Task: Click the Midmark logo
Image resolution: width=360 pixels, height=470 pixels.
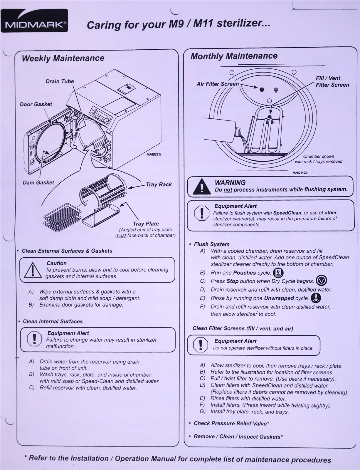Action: click(34, 21)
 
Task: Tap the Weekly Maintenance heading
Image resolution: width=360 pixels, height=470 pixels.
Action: click(63, 58)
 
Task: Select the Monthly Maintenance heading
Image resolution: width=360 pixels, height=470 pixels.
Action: click(234, 56)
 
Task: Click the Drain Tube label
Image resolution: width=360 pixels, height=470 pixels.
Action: click(60, 81)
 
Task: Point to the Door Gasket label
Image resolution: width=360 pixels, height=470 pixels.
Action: click(36, 104)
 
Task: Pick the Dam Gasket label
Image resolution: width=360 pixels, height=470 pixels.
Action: click(38, 182)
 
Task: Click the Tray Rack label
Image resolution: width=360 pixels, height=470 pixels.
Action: click(159, 184)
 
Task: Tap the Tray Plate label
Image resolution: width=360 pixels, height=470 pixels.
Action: click(146, 224)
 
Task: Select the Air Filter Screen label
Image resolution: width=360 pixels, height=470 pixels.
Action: click(218, 84)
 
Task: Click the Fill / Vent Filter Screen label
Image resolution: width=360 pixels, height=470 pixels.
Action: click(332, 82)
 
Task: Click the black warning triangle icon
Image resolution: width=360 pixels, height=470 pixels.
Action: click(202, 187)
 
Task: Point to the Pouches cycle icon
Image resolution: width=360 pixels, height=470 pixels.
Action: click(278, 273)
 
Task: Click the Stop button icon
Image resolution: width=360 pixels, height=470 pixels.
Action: click(321, 281)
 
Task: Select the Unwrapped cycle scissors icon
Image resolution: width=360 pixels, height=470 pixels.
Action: click(316, 298)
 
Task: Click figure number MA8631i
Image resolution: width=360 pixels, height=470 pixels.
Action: click(154, 155)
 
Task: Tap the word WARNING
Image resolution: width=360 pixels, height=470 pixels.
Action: click(230, 183)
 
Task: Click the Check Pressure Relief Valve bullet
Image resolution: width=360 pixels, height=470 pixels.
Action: click(229, 423)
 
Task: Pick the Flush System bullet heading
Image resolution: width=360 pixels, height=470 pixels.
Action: click(209, 244)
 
